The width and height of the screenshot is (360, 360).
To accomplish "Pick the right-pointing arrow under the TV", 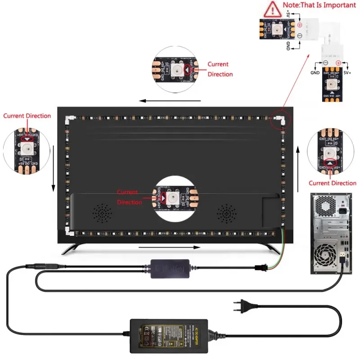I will coord(169,247).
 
